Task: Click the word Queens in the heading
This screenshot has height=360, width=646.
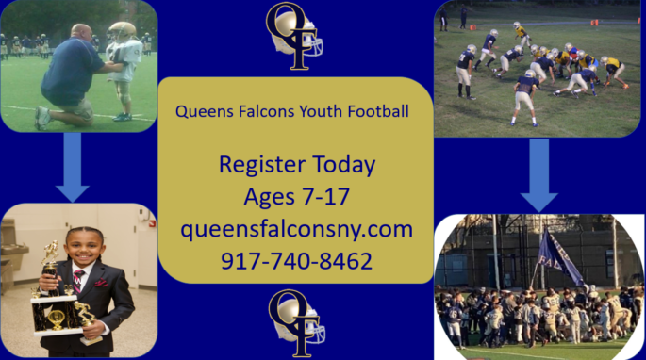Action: point(202,111)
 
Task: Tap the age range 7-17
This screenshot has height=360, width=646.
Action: point(323,197)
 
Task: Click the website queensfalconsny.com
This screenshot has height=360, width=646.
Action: point(296,229)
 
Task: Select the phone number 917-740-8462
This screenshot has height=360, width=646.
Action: point(296,260)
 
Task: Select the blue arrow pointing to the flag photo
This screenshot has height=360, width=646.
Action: point(539,175)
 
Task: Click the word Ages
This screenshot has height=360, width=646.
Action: point(269,197)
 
